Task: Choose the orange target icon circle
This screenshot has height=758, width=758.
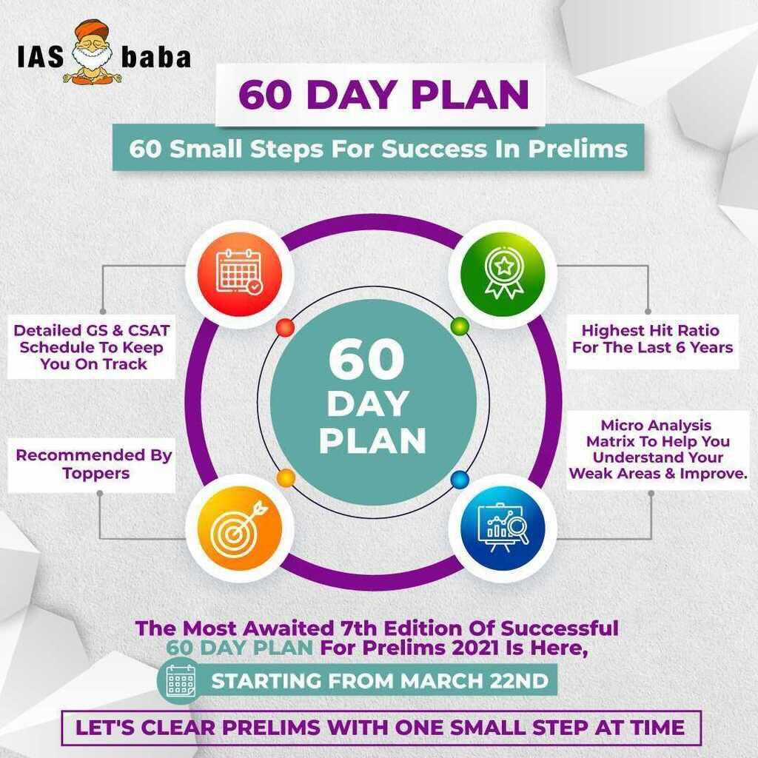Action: [x=239, y=528]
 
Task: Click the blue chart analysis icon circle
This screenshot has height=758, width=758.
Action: [x=503, y=528]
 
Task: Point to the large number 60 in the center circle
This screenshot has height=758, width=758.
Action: [x=366, y=360]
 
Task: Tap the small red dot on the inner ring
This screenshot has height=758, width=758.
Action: [x=284, y=328]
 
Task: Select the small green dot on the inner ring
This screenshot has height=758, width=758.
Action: [x=459, y=325]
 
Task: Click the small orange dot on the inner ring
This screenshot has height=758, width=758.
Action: [x=286, y=478]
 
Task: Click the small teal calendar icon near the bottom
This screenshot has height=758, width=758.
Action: [x=181, y=680]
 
